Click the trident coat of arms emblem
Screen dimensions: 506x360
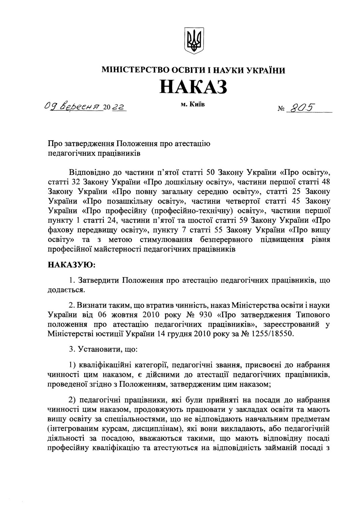[x=194, y=40]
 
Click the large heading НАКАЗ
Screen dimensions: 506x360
[x=193, y=86]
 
